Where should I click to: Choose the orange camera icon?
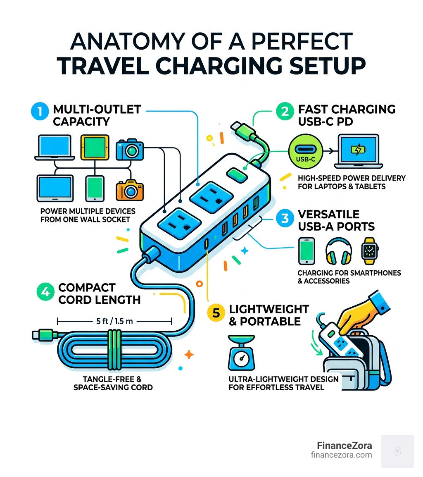(x=130, y=190)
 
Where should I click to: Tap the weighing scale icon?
(x=238, y=352)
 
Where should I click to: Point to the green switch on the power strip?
(x=236, y=176)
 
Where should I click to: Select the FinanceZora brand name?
(x=345, y=446)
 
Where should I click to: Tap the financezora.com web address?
(x=341, y=455)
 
